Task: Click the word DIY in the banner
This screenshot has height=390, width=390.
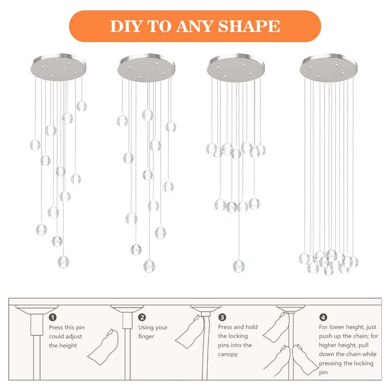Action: [124, 26]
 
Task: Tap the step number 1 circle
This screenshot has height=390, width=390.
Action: [53, 317]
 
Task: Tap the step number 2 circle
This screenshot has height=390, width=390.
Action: [142, 317]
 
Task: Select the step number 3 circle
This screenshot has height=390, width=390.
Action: [222, 317]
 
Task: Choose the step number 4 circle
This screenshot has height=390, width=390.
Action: [324, 317]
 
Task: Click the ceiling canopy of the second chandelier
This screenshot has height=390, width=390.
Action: [146, 66]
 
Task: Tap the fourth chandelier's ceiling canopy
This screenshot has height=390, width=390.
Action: [329, 66]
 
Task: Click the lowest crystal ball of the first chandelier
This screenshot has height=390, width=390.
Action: [62, 262]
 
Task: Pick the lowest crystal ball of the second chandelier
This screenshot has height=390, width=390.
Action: [149, 266]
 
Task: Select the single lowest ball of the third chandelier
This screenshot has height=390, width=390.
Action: [238, 266]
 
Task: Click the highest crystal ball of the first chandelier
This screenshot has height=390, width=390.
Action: [81, 106]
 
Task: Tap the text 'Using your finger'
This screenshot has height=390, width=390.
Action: [153, 332]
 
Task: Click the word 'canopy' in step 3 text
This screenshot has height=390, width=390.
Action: [228, 354]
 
